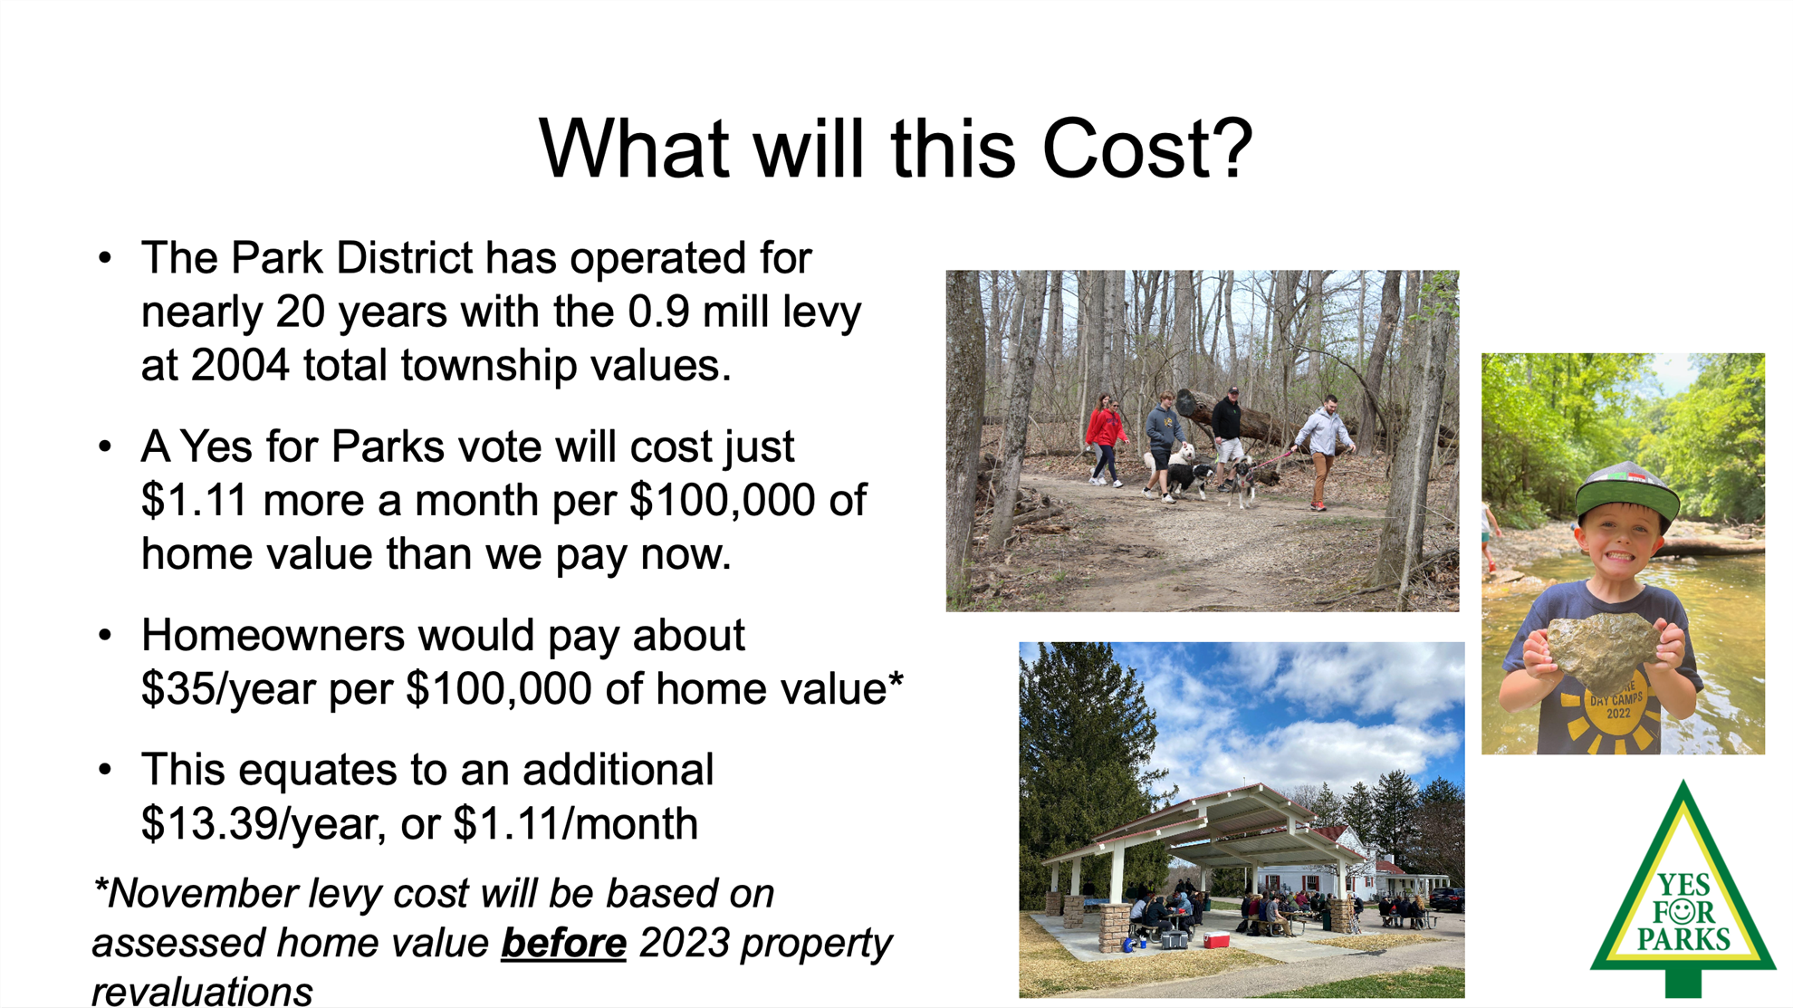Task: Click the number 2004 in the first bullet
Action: coord(240,365)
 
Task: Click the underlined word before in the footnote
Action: coord(563,943)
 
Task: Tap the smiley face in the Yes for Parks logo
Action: coord(1683,908)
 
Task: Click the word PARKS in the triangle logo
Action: coord(1683,939)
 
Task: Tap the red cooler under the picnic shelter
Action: coord(1216,940)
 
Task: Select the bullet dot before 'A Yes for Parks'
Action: coord(105,446)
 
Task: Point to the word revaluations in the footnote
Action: coord(202,991)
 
